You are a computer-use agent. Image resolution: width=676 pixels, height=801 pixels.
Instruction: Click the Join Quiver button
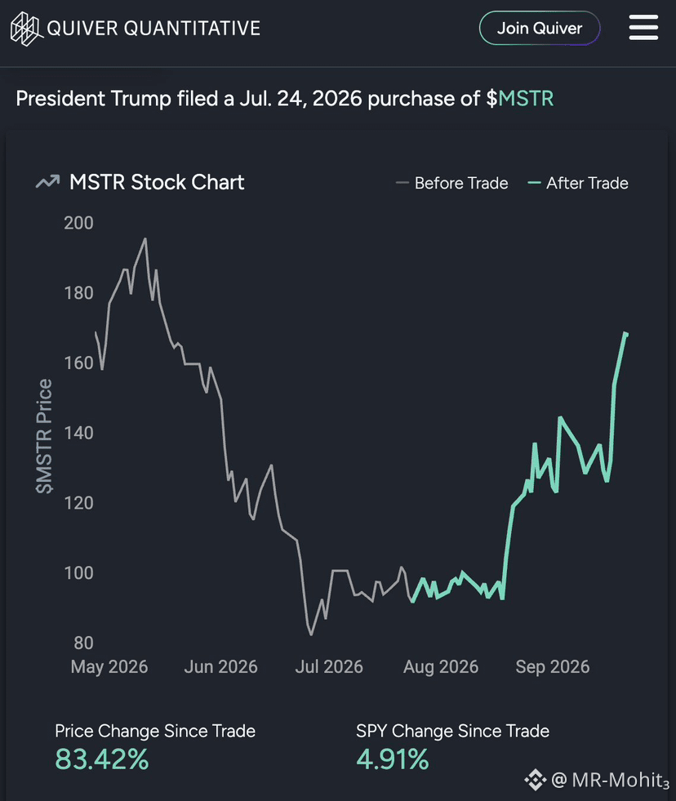pos(540,28)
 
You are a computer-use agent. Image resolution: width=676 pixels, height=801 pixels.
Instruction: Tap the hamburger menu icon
pos(643,27)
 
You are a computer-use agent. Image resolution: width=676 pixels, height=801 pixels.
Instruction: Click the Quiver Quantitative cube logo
pos(25,29)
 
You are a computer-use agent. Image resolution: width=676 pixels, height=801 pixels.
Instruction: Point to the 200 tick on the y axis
pos(78,223)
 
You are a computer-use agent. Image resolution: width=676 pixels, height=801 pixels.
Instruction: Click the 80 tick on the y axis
pos(83,643)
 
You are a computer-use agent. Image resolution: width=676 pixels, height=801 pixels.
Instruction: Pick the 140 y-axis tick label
pos(78,433)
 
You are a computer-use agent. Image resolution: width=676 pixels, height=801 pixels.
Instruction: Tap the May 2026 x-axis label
pos(109,666)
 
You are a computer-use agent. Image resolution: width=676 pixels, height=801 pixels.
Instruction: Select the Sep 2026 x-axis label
pos(553,666)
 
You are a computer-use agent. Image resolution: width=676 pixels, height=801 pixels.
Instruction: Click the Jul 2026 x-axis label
pos(329,666)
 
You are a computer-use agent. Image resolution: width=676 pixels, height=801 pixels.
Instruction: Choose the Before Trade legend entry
pos(452,183)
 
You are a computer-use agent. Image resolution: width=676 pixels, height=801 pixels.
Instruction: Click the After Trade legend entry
pos(578,183)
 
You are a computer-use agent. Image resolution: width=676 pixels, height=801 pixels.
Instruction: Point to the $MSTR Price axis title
pos(44,436)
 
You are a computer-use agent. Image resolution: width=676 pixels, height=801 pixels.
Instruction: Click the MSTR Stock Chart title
pos(157,182)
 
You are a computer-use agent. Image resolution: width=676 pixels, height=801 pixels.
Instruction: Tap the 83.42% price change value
pos(102,759)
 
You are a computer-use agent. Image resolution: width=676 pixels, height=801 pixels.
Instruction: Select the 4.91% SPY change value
pos(393,759)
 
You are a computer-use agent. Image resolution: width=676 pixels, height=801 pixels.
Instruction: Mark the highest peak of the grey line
pos(145,238)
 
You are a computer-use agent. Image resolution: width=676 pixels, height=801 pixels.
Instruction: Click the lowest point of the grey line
pos(311,634)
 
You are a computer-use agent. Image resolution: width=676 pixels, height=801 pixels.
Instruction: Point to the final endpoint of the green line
pos(626,334)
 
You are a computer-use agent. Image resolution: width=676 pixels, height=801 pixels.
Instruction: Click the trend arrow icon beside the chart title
pos(47,182)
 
